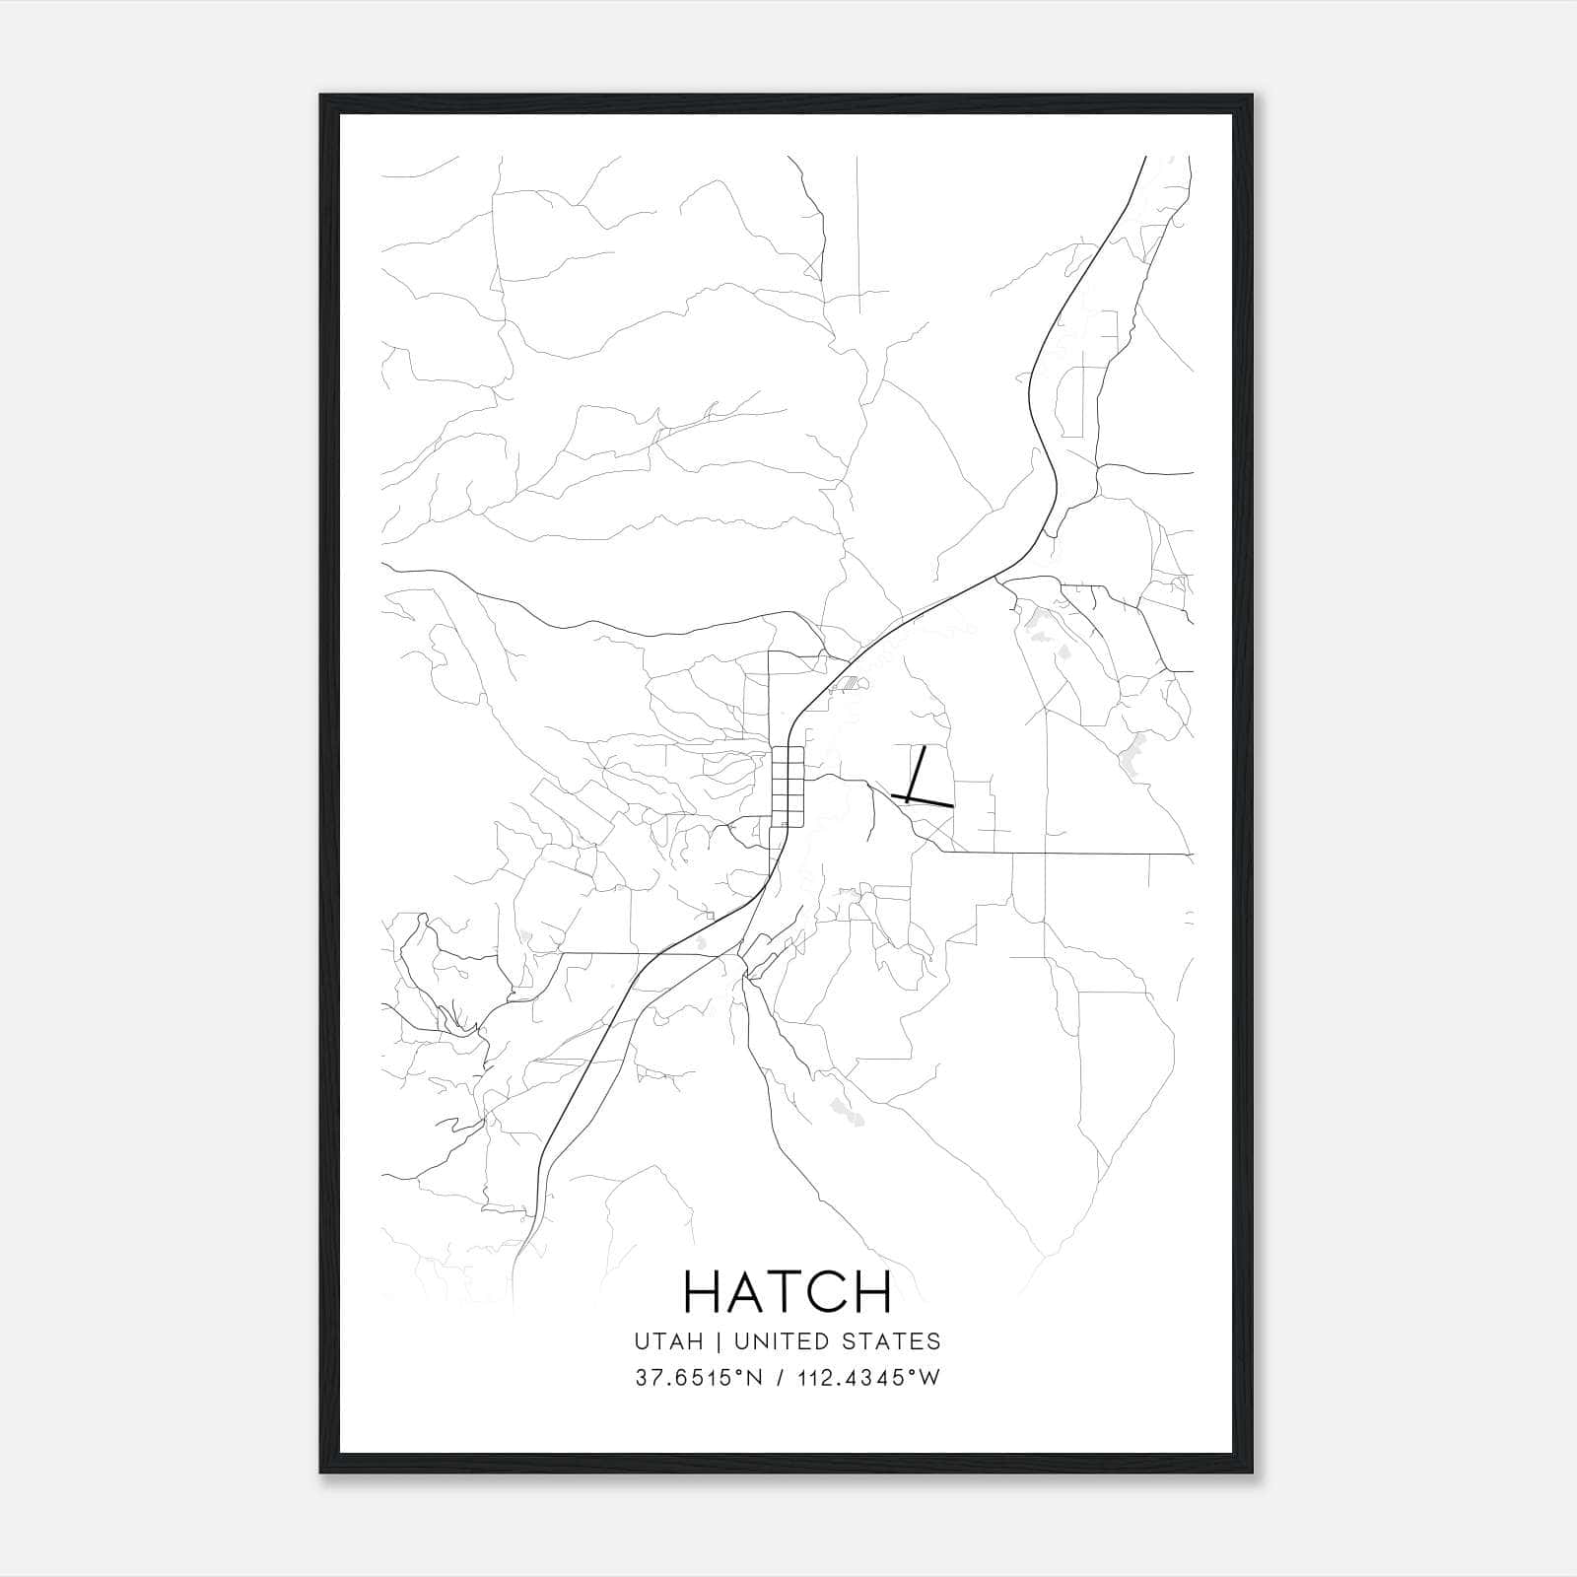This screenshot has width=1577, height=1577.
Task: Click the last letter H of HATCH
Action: [874, 1292]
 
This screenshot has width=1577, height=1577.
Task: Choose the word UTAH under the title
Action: [669, 1341]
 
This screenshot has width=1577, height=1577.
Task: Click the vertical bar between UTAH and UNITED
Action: [720, 1341]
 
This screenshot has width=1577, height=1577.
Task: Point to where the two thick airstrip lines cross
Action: [909, 796]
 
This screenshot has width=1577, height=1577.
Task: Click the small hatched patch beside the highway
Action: [846, 682]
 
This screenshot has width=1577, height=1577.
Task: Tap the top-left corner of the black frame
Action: [322, 97]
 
